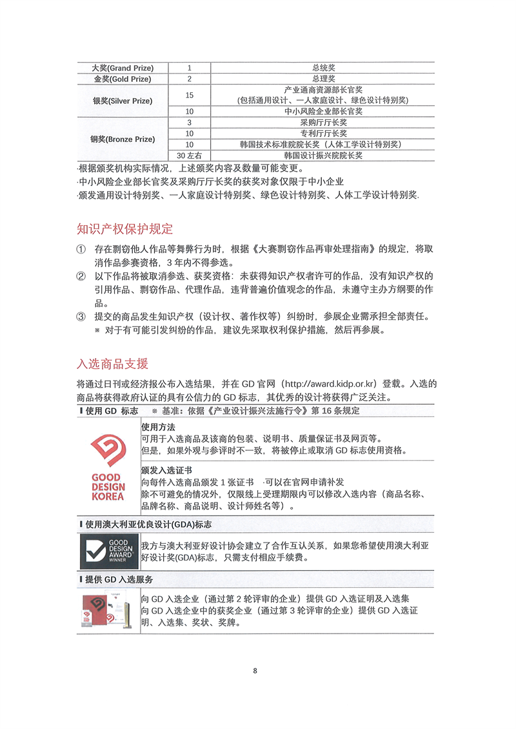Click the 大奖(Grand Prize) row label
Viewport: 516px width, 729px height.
121,68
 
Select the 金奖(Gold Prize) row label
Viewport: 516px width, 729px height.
122,79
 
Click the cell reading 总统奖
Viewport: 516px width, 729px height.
322,68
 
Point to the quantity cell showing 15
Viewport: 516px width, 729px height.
189,95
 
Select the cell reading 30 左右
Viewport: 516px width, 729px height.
189,155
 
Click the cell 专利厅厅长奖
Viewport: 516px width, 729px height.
322,134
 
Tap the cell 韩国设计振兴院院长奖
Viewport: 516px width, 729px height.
322,155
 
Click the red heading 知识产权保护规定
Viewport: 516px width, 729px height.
124,229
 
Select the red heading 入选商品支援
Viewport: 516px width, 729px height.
112,363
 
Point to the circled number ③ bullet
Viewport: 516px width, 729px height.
81,317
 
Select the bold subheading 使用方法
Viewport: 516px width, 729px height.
157,427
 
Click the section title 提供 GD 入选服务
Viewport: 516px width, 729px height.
119,579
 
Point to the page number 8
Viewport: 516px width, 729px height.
255,671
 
